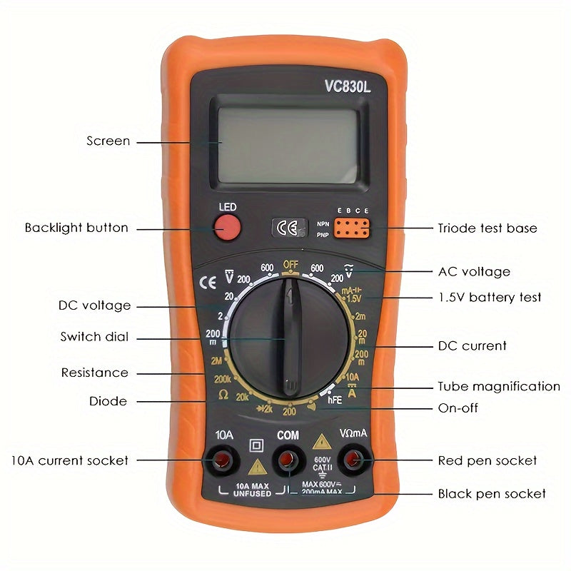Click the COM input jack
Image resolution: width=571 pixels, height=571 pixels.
pyautogui.click(x=288, y=460)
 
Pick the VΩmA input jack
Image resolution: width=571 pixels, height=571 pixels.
pyautogui.click(x=353, y=460)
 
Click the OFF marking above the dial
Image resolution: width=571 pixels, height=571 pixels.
pyautogui.click(x=290, y=264)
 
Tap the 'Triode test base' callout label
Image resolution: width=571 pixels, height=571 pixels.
pyautogui.click(x=487, y=228)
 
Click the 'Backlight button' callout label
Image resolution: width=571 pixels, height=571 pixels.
pyautogui.click(x=76, y=228)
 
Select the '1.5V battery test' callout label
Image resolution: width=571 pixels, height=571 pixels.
pyautogui.click(x=489, y=297)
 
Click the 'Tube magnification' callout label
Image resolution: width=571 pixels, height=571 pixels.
pyautogui.click(x=498, y=387)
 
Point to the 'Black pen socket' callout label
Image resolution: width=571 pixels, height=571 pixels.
pyautogui.click(x=491, y=493)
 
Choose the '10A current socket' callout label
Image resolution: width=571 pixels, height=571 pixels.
pyautogui.click(x=69, y=460)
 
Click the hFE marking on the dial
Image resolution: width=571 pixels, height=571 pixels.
pyautogui.click(x=335, y=401)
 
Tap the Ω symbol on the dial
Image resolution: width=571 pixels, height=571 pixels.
pyautogui.click(x=223, y=395)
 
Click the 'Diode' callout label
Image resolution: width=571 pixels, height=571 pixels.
pyautogui.click(x=108, y=401)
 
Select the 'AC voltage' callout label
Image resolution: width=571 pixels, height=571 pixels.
pyautogui.click(x=474, y=271)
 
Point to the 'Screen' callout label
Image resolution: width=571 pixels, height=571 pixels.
pyautogui.click(x=108, y=141)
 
